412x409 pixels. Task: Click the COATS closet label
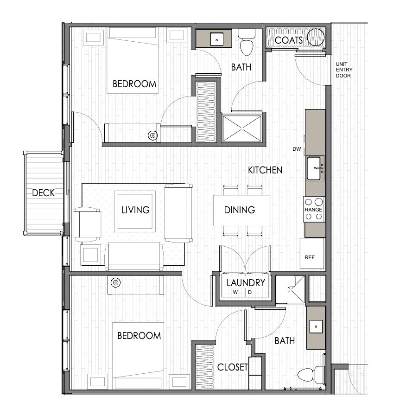289,40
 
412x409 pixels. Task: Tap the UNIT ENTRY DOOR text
344,70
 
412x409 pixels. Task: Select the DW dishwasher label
297,149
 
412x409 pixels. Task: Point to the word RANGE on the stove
313,210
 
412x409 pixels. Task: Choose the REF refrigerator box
312,253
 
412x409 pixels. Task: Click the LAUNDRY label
246,283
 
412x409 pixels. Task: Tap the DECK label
44,193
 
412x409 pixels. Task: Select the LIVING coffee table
135,211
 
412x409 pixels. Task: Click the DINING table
241,210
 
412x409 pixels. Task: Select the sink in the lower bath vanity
316,327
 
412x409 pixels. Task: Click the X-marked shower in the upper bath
242,128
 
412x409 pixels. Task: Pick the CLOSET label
233,367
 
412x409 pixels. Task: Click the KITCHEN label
265,170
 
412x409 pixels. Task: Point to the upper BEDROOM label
134,84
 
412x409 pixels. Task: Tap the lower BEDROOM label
139,336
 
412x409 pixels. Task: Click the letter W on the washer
235,292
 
